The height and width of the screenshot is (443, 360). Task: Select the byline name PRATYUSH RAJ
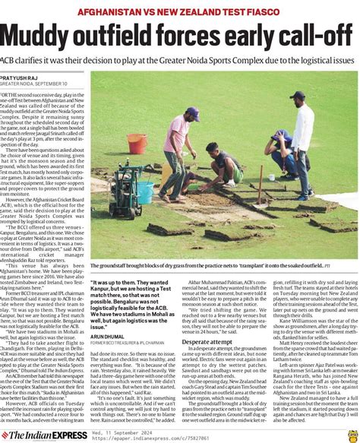pyautogui.click(x=23, y=78)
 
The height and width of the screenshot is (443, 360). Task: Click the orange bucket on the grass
pyautogui.click(x=137, y=144)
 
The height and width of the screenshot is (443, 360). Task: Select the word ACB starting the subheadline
pyautogui.click(x=10, y=58)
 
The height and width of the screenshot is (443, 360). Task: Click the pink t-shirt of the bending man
pyautogui.click(x=176, y=134)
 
